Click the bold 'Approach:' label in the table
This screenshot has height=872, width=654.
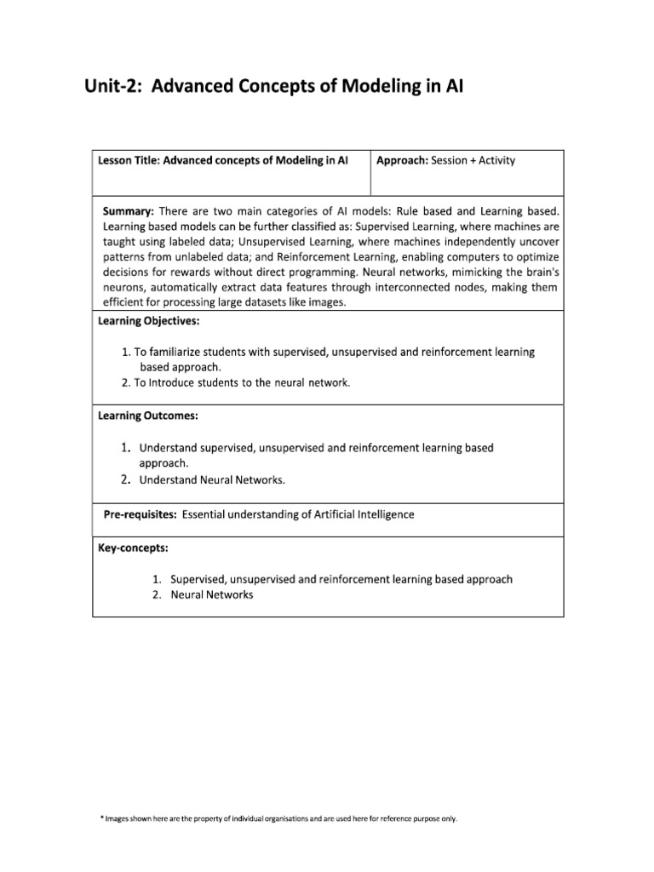pyautogui.click(x=402, y=160)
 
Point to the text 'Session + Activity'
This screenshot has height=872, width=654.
pyautogui.click(x=473, y=160)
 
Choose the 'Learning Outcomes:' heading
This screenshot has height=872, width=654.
pyautogui.click(x=147, y=416)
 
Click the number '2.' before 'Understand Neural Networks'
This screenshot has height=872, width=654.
pyautogui.click(x=125, y=479)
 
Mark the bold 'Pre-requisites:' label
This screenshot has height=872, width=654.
pyautogui.click(x=140, y=515)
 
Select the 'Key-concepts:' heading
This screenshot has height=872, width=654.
pyautogui.click(x=134, y=547)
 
